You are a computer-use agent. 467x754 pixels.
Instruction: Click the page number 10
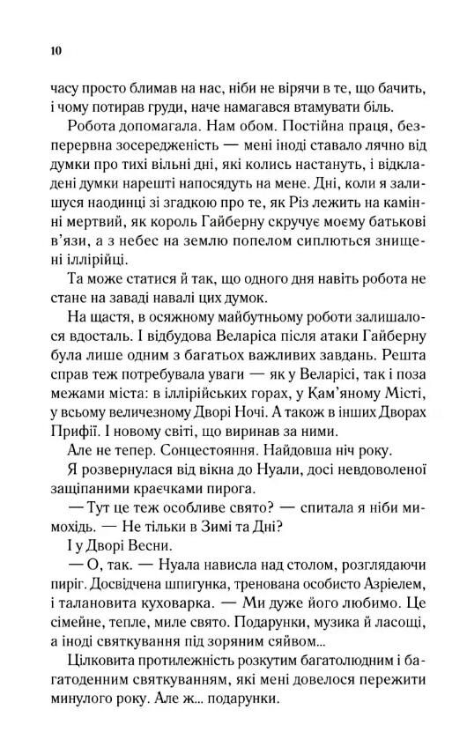coord(56,51)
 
